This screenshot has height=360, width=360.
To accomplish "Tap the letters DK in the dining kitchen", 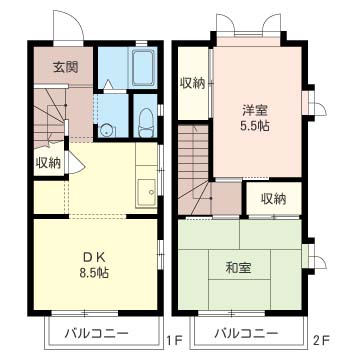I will point(93,256).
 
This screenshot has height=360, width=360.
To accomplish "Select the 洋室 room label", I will point(254,113).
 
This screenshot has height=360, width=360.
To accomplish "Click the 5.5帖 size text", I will point(254,129).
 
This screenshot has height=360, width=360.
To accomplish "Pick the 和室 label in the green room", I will point(239,266).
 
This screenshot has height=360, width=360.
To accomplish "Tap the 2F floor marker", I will point(319,339).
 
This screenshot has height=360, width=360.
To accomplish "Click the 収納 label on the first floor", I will point(47,162).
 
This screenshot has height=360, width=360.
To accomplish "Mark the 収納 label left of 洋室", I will point(192,83).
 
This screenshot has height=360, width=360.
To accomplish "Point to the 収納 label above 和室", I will point(274,198).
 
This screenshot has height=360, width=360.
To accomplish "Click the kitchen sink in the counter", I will point(147,187).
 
